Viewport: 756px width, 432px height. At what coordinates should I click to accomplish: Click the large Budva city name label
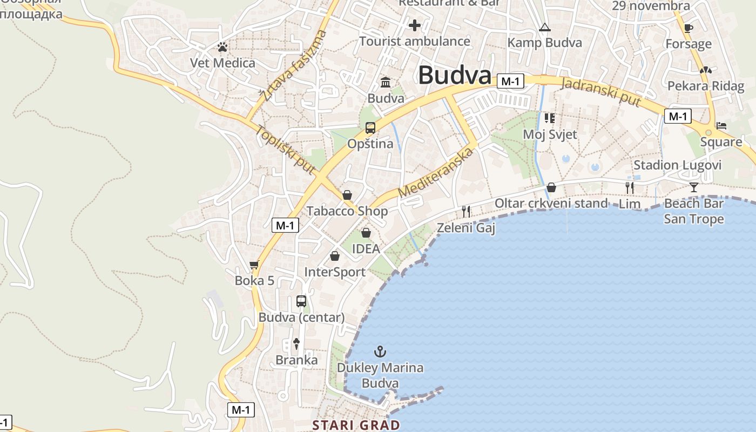pyautogui.click(x=455, y=76)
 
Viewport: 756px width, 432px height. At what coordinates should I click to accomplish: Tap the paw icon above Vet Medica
pyautogui.click(x=222, y=48)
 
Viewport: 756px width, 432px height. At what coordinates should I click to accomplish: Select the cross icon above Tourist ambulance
pyautogui.click(x=415, y=25)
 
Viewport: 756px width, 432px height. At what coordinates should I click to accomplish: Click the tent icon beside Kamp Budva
pyautogui.click(x=545, y=28)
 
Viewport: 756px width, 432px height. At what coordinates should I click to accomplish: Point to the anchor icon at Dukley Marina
pyautogui.click(x=380, y=352)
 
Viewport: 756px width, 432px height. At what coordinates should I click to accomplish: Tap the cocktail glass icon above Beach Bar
pyautogui.click(x=694, y=187)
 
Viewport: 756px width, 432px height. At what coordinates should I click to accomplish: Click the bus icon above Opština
pyautogui.click(x=370, y=128)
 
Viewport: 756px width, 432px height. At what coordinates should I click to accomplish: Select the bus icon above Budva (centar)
pyautogui.click(x=301, y=301)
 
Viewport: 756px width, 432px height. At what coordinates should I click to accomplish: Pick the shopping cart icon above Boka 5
pyautogui.click(x=254, y=265)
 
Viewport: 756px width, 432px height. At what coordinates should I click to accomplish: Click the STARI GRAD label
pyautogui.click(x=356, y=425)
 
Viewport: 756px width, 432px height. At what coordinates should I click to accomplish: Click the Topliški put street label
pyautogui.click(x=285, y=150)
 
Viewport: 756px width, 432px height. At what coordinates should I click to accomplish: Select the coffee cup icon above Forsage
pyautogui.click(x=688, y=28)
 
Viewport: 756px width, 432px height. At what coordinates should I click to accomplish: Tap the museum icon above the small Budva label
pyautogui.click(x=386, y=82)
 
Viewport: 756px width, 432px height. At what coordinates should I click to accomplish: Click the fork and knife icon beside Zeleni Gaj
pyautogui.click(x=466, y=211)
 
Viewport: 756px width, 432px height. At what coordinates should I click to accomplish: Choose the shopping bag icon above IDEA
pyautogui.click(x=366, y=233)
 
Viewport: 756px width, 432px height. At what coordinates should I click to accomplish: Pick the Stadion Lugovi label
pyautogui.click(x=677, y=165)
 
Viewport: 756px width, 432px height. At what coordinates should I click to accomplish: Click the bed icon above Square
pyautogui.click(x=721, y=126)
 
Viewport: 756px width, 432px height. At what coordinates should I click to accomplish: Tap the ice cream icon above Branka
pyautogui.click(x=296, y=343)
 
